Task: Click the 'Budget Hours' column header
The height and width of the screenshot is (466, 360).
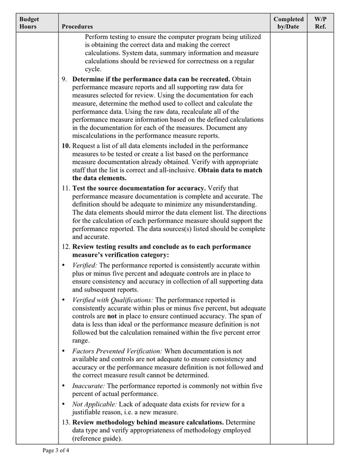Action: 29,23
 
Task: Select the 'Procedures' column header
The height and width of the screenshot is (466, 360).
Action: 77,26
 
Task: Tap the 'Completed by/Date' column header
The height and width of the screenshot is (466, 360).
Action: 288,23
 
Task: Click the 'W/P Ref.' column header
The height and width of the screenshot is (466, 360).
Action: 320,23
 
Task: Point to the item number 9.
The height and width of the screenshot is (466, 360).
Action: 65,79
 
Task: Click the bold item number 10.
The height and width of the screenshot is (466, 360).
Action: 66,146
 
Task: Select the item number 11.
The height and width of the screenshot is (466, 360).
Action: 66,188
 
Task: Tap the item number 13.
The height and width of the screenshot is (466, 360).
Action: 66,423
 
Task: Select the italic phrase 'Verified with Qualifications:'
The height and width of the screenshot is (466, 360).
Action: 112,300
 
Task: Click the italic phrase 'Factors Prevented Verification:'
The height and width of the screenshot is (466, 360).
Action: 117,351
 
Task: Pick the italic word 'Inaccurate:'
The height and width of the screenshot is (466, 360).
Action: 88,386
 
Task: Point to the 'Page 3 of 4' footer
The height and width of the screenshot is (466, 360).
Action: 55,450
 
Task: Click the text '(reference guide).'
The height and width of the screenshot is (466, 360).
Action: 97,439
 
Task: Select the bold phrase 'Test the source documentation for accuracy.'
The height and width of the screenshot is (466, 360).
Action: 139,188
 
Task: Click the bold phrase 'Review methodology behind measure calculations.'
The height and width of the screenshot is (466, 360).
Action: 147,423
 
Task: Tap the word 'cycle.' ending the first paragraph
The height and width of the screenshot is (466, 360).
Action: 93,69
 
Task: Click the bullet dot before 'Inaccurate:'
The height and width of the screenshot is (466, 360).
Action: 64,386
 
